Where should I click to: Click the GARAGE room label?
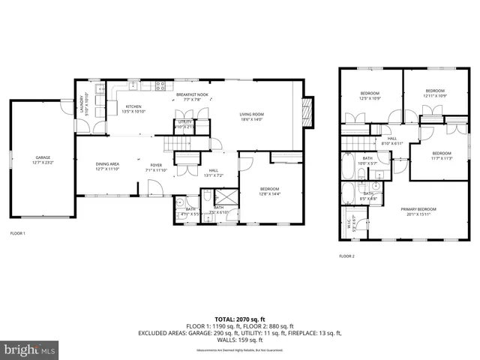tap(41, 157)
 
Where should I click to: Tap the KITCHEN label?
tap(133, 106)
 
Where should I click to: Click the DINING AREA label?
tap(108, 164)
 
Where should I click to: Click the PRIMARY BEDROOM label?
tap(418, 209)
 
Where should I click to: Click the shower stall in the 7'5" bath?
tap(223, 199)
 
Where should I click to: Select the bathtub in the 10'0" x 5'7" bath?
tap(349, 165)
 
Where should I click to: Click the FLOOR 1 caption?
tap(17, 233)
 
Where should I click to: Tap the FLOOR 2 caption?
tap(346, 256)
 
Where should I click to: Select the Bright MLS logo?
tap(29, 349)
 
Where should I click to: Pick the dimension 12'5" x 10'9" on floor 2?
tap(370, 99)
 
